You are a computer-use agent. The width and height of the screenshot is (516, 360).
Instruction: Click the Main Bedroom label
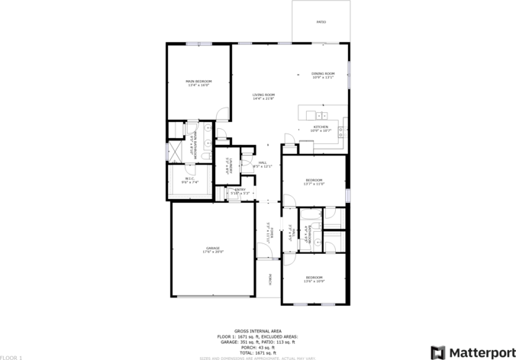click(198, 81)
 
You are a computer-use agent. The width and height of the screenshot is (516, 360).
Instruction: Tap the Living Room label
click(263, 95)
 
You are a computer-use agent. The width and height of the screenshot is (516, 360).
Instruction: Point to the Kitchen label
click(321, 127)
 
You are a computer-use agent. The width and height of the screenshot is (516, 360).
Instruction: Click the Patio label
click(321, 22)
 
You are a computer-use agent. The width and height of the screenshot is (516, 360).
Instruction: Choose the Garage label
click(213, 248)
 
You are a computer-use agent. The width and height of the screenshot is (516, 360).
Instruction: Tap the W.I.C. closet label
click(189, 179)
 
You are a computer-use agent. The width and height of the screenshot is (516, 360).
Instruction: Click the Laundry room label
click(228, 167)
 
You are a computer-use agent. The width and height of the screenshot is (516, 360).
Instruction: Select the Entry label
click(240, 189)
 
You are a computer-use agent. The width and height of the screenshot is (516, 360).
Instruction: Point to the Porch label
click(270, 280)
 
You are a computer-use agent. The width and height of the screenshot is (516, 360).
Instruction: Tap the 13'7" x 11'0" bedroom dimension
click(314, 184)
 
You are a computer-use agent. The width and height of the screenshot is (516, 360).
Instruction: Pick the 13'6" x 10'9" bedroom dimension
click(314, 281)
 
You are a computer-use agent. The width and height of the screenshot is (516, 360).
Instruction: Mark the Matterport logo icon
click(439, 352)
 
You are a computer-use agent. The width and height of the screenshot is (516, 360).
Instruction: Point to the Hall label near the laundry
click(262, 162)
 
